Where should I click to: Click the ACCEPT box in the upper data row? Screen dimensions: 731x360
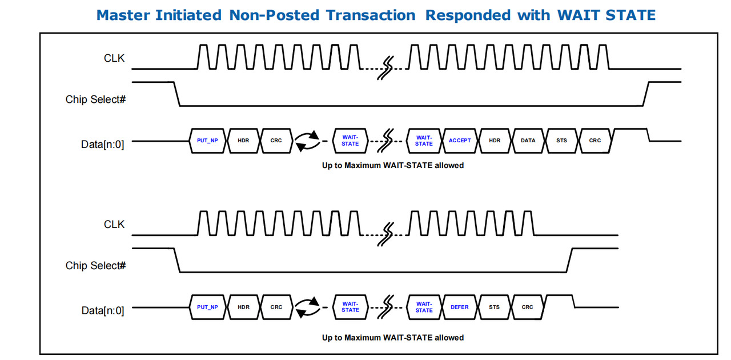point(460,141)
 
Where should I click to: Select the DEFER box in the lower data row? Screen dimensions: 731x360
point(460,307)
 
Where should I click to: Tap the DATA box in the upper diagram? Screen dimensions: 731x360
point(528,141)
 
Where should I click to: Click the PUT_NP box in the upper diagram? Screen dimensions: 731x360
point(207,141)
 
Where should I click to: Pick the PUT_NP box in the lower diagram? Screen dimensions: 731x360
point(207,307)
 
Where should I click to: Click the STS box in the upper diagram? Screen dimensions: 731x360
point(561,141)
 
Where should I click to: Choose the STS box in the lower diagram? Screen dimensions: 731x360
point(494,307)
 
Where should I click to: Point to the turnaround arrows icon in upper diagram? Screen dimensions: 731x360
point(307,141)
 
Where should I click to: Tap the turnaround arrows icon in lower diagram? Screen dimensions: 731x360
point(307,307)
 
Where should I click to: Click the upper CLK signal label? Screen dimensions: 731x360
point(114,58)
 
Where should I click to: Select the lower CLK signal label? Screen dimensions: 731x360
point(114,225)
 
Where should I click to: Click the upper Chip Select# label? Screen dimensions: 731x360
point(95,99)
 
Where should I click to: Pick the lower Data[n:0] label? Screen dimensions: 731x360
point(103,311)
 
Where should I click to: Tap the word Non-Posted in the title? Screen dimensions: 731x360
point(274,15)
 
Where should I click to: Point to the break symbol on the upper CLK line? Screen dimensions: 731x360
point(385,68)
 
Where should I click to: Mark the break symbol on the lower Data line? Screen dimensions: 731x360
point(385,307)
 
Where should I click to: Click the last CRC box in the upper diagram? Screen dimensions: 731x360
point(595,141)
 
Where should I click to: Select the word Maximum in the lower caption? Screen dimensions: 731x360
point(362,338)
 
